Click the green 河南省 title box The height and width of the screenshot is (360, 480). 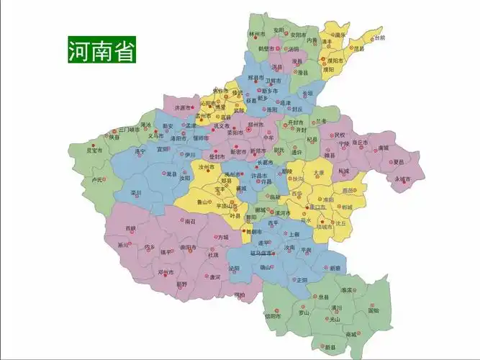point(101,50)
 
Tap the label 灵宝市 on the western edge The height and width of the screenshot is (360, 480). point(94,150)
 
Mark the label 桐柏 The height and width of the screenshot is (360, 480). point(238,294)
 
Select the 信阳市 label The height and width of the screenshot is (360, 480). point(272,315)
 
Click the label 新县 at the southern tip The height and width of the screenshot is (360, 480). point(330,347)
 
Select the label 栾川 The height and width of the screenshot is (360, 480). point(135,193)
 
